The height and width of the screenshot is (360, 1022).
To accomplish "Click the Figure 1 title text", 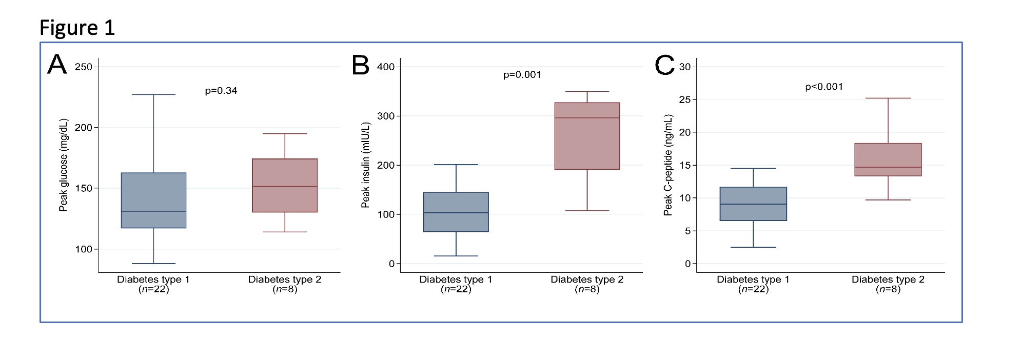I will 77,27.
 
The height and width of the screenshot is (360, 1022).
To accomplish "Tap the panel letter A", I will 57,65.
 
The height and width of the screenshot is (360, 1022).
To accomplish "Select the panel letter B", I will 361,66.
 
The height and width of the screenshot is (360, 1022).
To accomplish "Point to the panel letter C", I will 664,66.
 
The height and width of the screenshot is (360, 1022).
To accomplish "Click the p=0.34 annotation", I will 221,91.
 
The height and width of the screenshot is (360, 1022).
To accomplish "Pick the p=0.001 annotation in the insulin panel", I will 522,75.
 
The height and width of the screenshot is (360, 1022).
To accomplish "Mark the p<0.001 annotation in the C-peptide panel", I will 824,87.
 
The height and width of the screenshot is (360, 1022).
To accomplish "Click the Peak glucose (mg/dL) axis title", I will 63,165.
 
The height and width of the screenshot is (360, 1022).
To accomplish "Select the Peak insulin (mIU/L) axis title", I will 365,165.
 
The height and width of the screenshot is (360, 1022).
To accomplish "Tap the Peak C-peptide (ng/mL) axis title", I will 667,165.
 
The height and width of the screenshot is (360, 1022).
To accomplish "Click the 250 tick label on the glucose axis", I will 83,67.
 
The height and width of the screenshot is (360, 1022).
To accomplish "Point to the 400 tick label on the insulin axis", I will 385,67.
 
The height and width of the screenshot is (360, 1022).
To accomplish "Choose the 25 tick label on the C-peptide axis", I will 685,99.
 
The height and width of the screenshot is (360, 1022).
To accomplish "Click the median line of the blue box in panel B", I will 456,213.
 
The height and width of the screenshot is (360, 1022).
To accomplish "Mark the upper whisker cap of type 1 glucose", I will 153,94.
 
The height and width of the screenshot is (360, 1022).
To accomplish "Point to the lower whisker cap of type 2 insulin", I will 587,211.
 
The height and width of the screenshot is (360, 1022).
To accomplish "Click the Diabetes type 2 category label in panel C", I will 888,279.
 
